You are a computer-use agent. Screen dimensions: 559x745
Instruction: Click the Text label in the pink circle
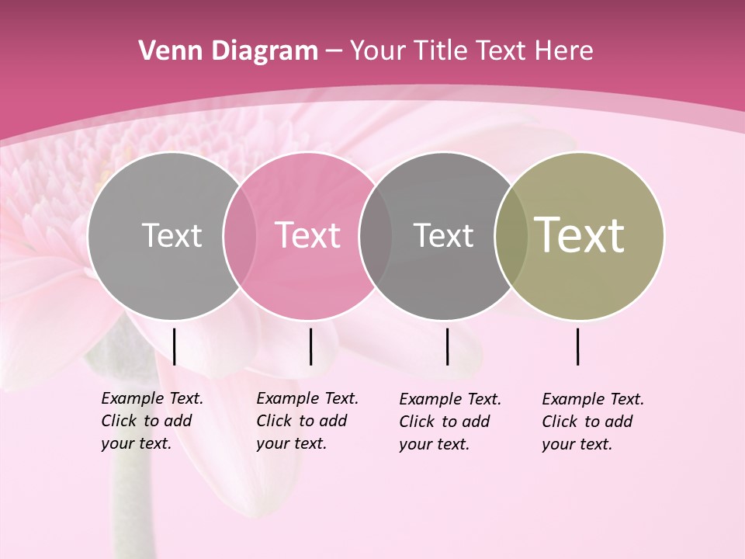click(x=308, y=235)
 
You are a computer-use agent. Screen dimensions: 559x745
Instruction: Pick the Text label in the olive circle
click(x=580, y=235)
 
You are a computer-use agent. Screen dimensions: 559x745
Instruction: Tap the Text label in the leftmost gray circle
click(x=172, y=235)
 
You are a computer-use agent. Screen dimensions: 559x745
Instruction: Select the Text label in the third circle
click(x=443, y=235)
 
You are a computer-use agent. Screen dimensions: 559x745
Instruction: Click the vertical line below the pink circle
click(x=310, y=346)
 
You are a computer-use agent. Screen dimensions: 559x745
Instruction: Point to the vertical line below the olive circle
click(x=578, y=346)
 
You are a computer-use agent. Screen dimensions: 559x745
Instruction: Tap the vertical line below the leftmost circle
click(x=175, y=346)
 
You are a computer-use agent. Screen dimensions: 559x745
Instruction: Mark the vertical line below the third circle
click(x=447, y=346)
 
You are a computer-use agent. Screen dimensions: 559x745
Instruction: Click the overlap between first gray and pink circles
click(x=240, y=235)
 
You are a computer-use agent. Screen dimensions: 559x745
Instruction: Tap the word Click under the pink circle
click(x=274, y=421)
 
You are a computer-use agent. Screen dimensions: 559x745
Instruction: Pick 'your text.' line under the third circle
click(x=435, y=444)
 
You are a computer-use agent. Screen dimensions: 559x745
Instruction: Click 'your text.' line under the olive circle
click(x=577, y=444)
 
